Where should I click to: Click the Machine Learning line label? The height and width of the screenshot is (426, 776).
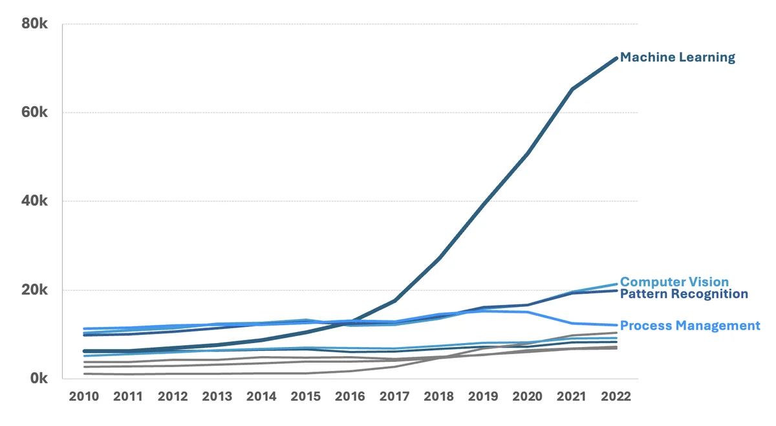click(677, 58)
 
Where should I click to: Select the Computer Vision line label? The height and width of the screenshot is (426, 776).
click(674, 282)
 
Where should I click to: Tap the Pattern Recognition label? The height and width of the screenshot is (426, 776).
click(684, 294)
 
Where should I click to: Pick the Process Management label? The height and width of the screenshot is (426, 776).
click(689, 326)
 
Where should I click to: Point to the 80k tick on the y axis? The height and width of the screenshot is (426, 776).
click(35, 24)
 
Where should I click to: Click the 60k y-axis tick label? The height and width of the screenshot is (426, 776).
click(35, 113)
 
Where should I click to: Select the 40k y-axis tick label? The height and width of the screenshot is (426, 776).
click(35, 201)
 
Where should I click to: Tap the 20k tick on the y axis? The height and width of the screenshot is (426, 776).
click(35, 290)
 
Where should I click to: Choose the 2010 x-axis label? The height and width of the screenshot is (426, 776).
click(84, 397)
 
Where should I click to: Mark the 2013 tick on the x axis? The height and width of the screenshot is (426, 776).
click(217, 397)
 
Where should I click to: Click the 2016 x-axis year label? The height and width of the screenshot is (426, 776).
click(350, 397)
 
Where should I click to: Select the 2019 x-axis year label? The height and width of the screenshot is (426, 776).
click(483, 397)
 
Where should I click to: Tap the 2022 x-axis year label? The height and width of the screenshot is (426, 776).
click(616, 397)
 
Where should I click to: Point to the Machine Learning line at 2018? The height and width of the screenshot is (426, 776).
click(438, 258)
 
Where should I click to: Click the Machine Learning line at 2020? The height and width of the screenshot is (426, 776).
click(527, 154)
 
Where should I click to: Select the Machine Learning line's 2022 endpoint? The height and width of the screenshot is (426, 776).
click(616, 58)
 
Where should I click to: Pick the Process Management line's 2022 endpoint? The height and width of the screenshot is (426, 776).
click(616, 325)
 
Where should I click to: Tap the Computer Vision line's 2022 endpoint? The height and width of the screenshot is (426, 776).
click(616, 284)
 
